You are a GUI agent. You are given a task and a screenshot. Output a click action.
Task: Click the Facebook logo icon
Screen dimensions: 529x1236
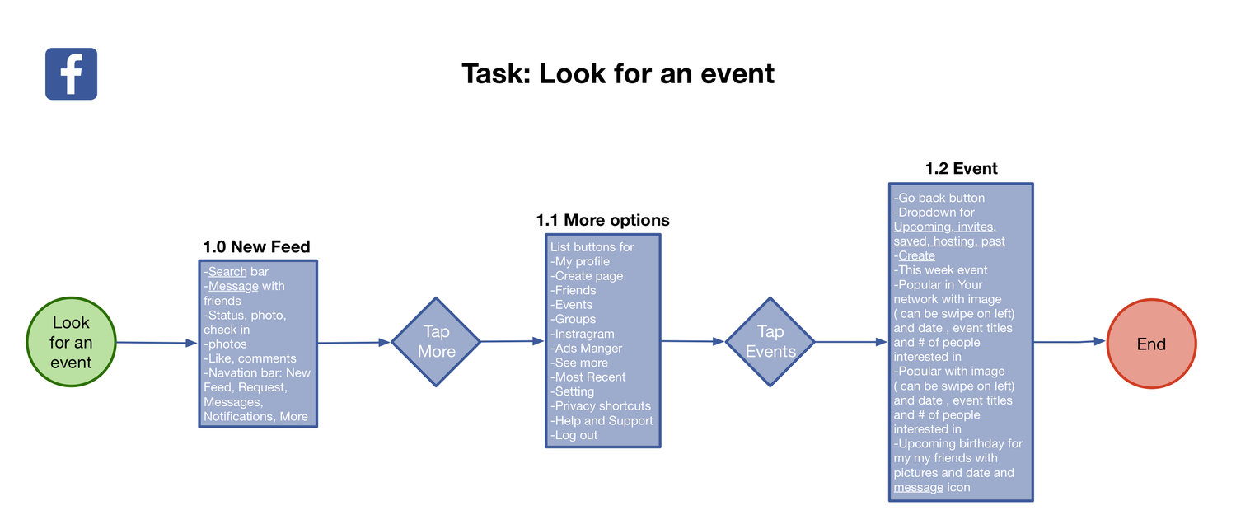(71, 74)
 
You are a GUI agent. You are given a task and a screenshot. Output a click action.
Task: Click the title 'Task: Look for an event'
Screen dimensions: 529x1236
(617, 73)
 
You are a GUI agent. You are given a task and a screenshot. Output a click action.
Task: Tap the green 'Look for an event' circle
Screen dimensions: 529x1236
(71, 342)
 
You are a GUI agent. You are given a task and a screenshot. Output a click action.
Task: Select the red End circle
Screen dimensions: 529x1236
(1150, 344)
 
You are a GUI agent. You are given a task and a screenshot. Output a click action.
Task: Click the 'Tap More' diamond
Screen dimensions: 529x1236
(436, 342)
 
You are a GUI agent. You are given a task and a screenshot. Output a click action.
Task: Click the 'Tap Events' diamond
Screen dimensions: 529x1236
(770, 342)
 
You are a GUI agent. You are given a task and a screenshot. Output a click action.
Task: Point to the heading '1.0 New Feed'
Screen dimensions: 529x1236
(256, 246)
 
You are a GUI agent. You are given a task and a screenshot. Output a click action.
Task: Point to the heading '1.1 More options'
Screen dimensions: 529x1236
(602, 220)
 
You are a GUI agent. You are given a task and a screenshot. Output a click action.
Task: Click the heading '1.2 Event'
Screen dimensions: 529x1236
(961, 169)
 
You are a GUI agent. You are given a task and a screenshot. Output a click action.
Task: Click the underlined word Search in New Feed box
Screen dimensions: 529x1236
(227, 271)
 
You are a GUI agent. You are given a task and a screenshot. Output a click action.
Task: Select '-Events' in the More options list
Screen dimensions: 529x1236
(572, 305)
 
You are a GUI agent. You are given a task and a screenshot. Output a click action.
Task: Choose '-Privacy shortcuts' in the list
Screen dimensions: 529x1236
(601, 406)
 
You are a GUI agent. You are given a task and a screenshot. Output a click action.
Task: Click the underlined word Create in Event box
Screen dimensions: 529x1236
(916, 255)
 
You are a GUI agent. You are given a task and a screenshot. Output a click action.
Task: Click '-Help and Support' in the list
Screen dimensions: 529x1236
(602, 420)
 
